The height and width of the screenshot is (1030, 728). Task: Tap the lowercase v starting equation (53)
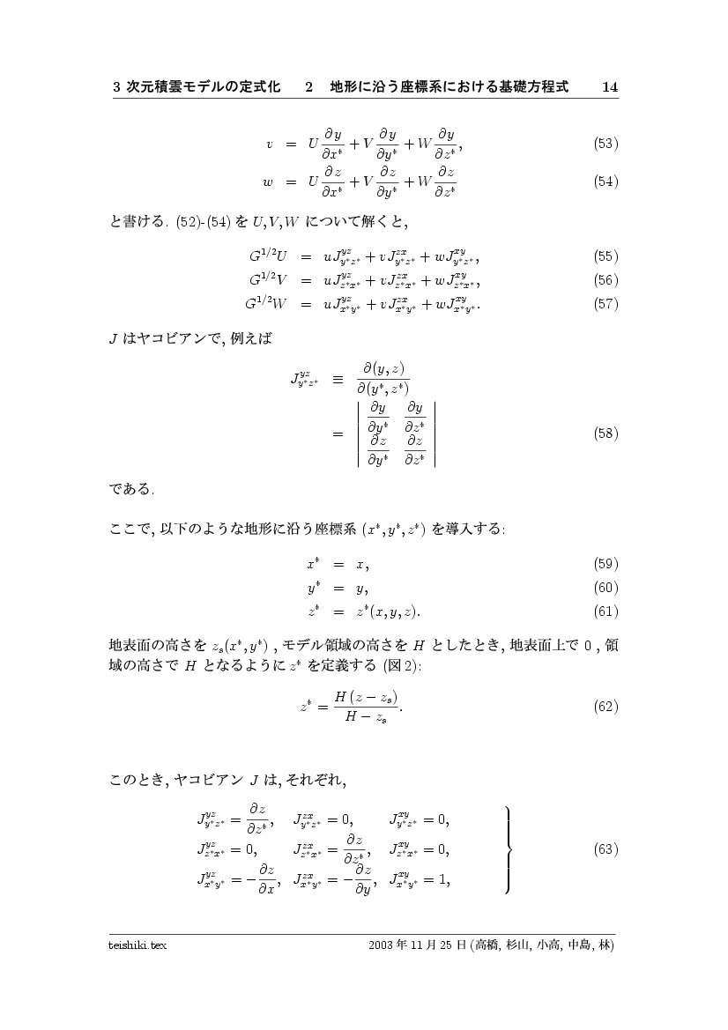[269, 144]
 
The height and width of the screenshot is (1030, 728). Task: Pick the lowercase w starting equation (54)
[268, 183]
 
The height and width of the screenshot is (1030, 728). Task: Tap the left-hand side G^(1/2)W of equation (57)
[264, 304]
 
